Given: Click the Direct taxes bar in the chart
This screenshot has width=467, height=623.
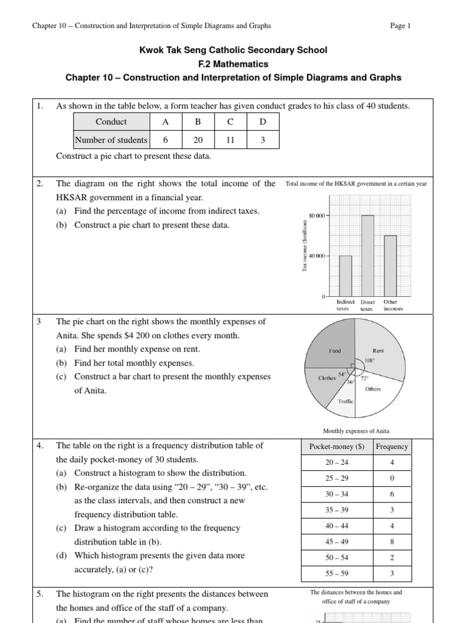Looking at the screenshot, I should pos(368,256).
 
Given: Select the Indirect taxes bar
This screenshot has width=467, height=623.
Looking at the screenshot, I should pos(345,276).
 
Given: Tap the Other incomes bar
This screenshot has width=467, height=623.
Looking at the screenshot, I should pos(390,266).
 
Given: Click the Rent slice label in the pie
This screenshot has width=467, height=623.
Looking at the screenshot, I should pos(378,351).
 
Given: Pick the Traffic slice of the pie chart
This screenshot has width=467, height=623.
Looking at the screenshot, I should pos(345,402).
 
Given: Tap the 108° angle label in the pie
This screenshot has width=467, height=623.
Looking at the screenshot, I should pos(369,360).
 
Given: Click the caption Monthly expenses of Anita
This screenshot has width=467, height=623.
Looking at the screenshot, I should pos(355,431).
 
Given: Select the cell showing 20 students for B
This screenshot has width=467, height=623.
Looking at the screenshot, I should pos(198,140).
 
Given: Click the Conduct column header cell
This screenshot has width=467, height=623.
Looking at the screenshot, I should pos(111,122).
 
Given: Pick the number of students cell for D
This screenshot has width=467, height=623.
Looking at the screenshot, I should pos(263,140).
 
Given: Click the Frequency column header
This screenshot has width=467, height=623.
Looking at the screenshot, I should pos(392,447).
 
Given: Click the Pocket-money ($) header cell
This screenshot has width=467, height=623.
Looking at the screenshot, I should pos(336,447).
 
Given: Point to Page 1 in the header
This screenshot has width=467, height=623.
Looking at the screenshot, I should pos(400,26).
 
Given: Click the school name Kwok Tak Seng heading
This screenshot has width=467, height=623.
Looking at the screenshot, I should pos(233,50).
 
